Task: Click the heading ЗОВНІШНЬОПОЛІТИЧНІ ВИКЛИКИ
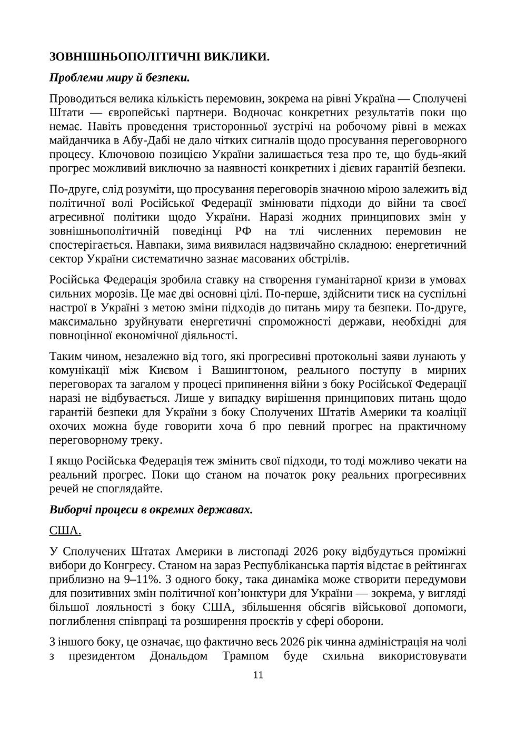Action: pyautogui.click(x=159, y=57)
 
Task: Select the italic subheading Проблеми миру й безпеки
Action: pyautogui.click(x=120, y=78)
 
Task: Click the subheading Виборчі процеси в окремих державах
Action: pyautogui.click(x=151, y=510)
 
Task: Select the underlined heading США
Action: pyautogui.click(x=65, y=530)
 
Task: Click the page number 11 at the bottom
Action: pyautogui.click(x=258, y=675)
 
